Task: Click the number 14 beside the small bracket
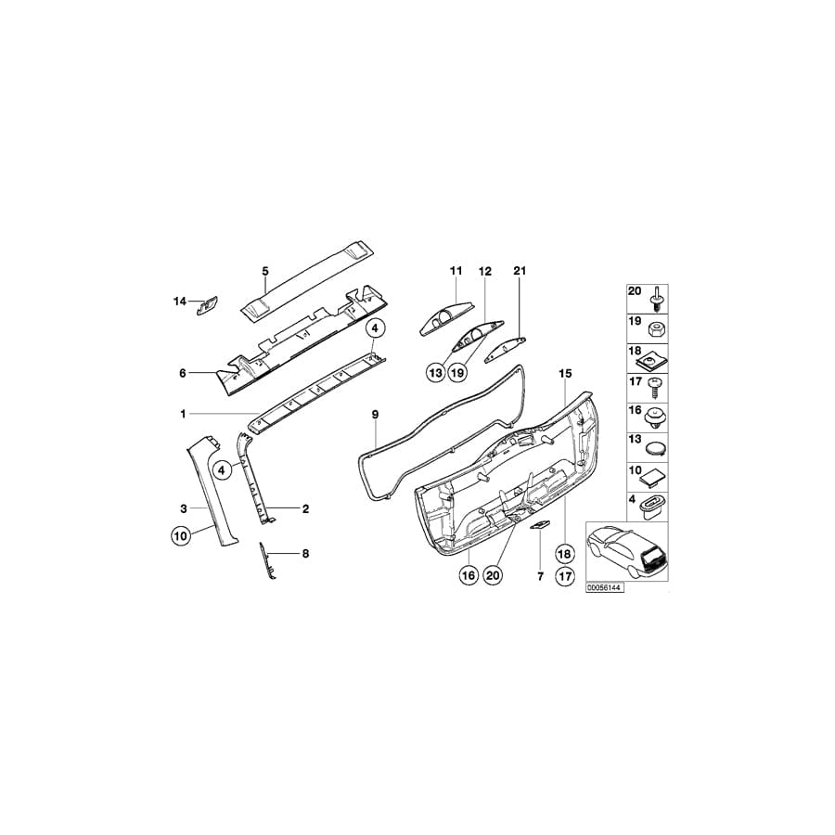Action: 179,301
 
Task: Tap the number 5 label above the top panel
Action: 264,271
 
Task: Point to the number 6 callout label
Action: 183,373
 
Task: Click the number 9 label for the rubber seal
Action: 376,412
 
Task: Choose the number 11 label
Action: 456,271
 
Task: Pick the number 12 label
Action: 484,271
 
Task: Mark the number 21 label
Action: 520,271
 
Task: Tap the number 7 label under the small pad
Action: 539,577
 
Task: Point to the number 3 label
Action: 184,508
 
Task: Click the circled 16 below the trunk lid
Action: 469,576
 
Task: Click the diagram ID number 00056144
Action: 603,588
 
